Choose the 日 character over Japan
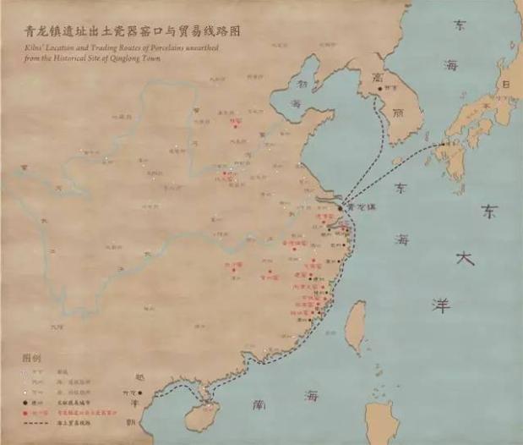click(x=508, y=85)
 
